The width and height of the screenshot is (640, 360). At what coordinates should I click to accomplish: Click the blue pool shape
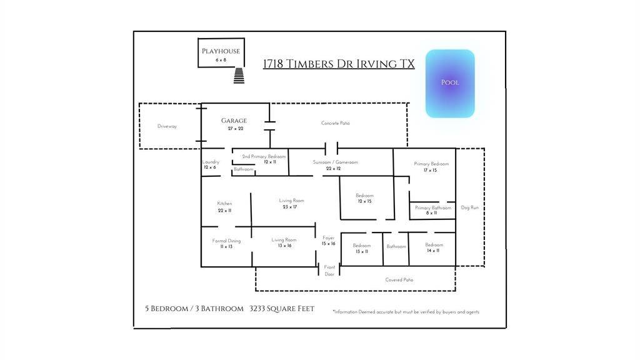tap(450, 83)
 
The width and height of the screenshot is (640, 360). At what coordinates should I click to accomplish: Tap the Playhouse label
tap(220, 52)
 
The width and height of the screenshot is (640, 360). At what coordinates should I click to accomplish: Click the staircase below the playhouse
tap(239, 76)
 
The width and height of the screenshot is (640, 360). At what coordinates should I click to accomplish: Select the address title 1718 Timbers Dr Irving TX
tap(339, 64)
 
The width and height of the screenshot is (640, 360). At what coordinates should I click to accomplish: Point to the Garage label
tap(233, 121)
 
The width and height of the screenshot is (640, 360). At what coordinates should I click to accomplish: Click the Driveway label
tap(167, 126)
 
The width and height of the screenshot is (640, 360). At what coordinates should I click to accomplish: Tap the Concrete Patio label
tap(336, 123)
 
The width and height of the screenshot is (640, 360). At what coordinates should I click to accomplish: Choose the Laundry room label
tap(211, 162)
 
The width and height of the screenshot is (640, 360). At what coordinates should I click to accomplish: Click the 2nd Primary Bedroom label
tap(264, 156)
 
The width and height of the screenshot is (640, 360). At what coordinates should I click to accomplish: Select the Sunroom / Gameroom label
tap(336, 162)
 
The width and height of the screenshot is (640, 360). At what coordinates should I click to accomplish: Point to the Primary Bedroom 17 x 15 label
tap(431, 164)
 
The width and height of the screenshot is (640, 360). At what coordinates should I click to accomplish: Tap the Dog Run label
tap(469, 207)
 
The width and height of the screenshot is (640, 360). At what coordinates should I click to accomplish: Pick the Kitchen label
tap(224, 204)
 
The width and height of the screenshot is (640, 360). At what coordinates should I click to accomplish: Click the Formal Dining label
tap(226, 241)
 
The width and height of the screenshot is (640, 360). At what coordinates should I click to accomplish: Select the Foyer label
tap(329, 238)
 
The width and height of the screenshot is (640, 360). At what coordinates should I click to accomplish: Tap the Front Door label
tap(329, 271)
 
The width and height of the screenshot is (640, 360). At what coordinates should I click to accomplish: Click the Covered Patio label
tap(399, 280)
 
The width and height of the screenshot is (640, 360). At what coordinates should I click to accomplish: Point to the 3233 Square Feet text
tap(282, 309)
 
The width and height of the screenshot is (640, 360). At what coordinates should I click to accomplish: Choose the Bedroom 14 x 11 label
tap(434, 245)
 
